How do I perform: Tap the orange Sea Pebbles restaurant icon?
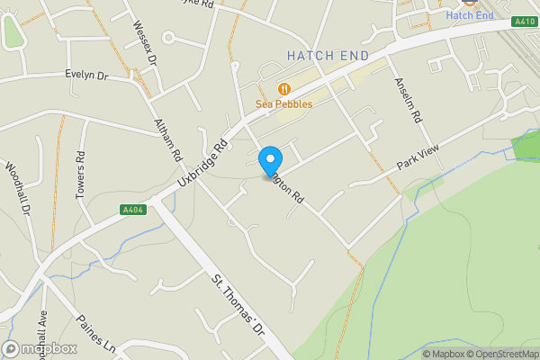[284, 88]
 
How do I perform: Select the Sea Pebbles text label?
[284, 104]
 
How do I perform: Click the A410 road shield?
[524, 21]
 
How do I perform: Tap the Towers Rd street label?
[81, 167]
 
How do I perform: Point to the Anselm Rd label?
[407, 99]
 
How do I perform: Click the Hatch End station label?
[470, 15]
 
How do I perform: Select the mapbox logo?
[40, 348]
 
